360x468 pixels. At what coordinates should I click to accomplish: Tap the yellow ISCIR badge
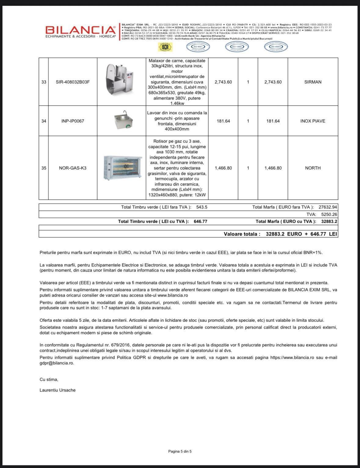[x=165, y=47]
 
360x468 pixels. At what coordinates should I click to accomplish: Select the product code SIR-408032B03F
[x=73, y=82]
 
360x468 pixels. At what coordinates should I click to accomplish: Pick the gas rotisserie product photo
[x=122, y=167]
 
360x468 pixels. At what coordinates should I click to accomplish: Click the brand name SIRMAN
[x=313, y=82]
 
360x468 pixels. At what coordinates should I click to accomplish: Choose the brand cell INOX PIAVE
[x=313, y=121]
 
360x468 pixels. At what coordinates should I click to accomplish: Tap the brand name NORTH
[x=313, y=168]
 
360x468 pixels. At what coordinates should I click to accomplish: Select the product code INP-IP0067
[x=73, y=121]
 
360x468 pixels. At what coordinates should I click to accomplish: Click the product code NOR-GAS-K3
[x=73, y=168]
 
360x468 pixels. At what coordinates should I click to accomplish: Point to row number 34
[x=44, y=121]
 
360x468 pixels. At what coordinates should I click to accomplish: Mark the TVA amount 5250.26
[x=329, y=214]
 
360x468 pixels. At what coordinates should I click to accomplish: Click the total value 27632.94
[x=328, y=207]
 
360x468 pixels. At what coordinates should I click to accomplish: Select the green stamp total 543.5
[x=202, y=207]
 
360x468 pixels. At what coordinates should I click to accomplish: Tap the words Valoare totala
[x=242, y=234]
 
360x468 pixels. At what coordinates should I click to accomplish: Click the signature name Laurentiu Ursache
[x=57, y=390]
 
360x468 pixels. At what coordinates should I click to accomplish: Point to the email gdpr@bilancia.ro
[x=56, y=363]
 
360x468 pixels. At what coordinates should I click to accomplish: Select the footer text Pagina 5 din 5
[x=180, y=451]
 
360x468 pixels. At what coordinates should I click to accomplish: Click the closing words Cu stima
[x=49, y=380]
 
